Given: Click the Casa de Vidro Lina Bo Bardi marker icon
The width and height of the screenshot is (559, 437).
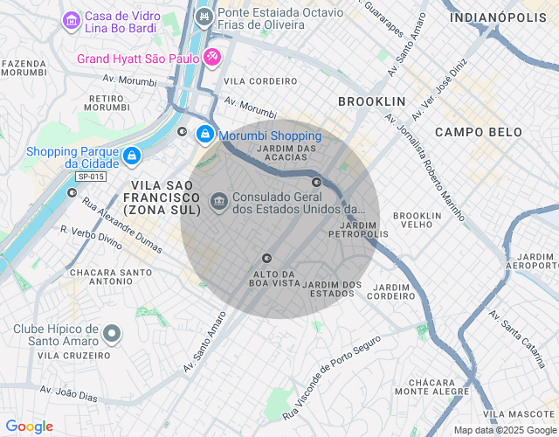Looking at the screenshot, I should click(x=71, y=19).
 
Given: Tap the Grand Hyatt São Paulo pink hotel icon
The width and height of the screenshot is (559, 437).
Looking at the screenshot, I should click(x=212, y=59).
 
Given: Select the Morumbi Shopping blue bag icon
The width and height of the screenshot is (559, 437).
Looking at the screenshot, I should click(x=204, y=135).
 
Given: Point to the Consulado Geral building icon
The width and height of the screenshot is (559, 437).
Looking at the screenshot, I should click(x=218, y=203).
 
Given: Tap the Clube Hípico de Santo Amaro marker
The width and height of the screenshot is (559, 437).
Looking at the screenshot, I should click(x=112, y=333).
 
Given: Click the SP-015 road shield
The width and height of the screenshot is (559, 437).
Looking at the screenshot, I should click(x=91, y=177).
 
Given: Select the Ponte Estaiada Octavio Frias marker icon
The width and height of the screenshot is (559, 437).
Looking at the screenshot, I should click(x=204, y=16).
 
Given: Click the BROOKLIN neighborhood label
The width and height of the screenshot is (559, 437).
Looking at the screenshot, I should click(x=371, y=101).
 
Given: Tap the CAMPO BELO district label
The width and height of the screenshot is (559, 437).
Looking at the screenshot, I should click(x=478, y=133).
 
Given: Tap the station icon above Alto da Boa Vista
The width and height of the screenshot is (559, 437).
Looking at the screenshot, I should click(x=267, y=258).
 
